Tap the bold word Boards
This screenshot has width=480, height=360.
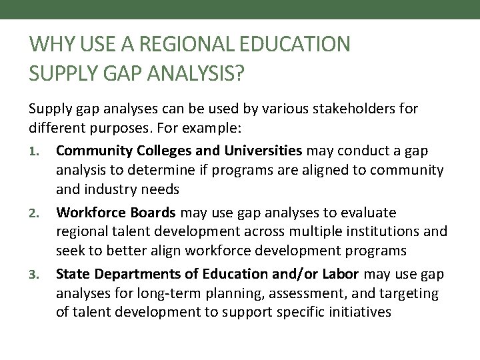tap(151, 213)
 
